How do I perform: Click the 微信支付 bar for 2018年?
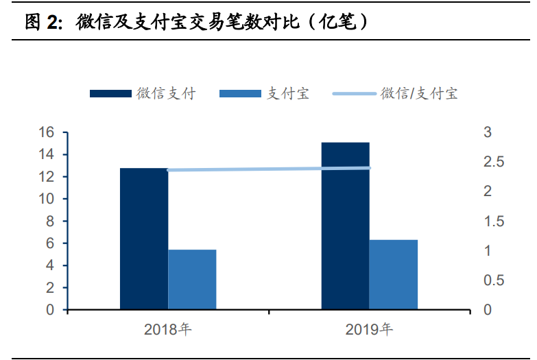(x=144, y=239)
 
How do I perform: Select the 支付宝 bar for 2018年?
(x=192, y=280)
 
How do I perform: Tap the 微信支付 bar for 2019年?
(x=345, y=226)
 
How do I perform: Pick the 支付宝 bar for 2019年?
(x=394, y=274)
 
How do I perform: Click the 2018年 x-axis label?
(x=168, y=329)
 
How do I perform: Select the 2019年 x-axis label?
(x=369, y=329)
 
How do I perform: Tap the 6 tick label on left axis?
(x=50, y=243)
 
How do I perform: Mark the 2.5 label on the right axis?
(x=494, y=162)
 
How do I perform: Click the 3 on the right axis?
(x=488, y=132)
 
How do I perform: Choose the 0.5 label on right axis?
(x=494, y=280)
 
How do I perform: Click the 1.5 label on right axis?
(x=494, y=221)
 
